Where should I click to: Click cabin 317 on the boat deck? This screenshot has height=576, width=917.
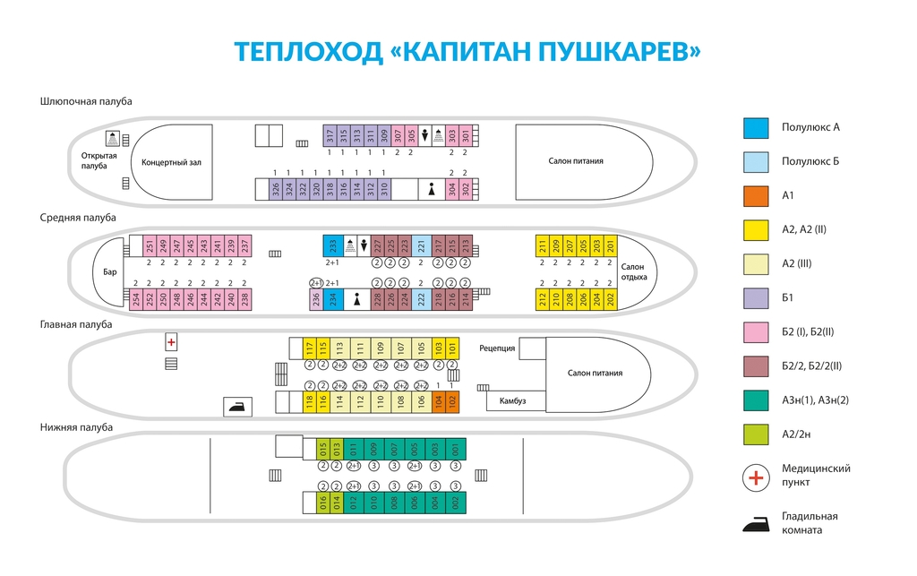330,135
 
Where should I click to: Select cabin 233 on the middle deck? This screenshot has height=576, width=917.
333,245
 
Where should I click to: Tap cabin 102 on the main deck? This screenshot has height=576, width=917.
452,401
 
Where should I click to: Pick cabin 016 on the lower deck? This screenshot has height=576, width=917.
322,503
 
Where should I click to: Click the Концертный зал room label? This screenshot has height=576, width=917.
171,162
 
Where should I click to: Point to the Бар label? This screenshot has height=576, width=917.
110,271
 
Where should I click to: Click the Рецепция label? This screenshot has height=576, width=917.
497,348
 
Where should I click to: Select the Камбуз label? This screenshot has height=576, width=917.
512,400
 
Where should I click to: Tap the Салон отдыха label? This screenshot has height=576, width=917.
633,271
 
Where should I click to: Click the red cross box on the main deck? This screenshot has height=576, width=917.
171,342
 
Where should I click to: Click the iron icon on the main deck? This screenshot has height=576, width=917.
238,407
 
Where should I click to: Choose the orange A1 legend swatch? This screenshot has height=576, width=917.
756,196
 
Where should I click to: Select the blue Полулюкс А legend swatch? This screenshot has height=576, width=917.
756,127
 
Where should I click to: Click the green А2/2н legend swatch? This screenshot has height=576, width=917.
756,434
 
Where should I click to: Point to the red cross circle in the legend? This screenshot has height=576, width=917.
756,478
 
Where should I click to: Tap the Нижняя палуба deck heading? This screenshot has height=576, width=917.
76,427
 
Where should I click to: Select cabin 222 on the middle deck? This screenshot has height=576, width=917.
422,299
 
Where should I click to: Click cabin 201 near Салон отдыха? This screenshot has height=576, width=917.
611,245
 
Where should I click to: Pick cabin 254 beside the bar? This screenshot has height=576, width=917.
136,299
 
